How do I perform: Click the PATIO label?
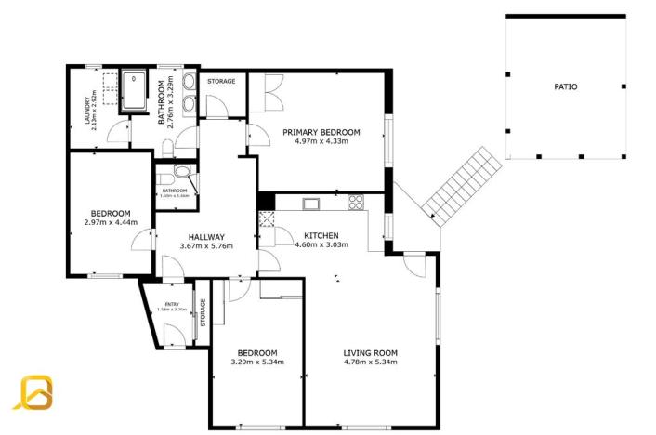coord(566,86)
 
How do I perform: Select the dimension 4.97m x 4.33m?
coord(321,142)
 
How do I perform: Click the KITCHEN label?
coord(316,236)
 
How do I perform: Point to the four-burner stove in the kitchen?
coord(355,202)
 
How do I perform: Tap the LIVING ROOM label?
coord(370,352)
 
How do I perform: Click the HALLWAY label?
coord(205,236)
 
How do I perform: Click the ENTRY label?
coord(172,304)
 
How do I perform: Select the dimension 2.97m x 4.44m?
coord(110,222)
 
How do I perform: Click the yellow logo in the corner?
coord(36,392)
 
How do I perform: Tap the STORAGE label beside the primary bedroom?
coord(221,82)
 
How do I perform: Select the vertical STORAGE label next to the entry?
coord(203,313)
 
